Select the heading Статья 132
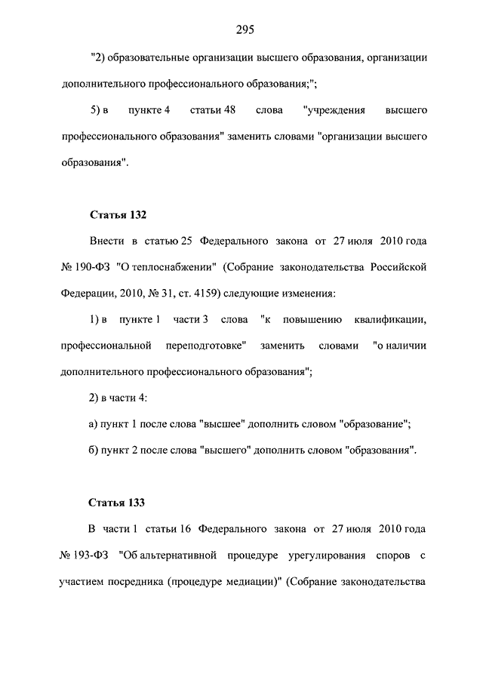[117, 214]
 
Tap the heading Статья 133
[117, 502]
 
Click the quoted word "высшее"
[224, 424]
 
